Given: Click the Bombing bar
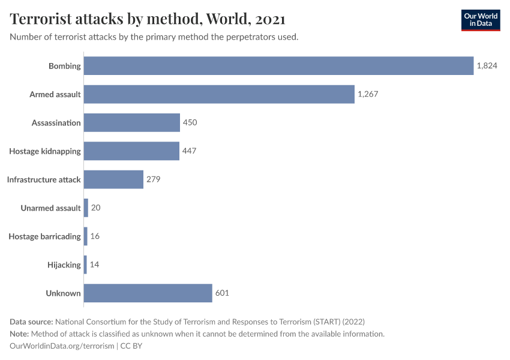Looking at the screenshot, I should click(278, 66).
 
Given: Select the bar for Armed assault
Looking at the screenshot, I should click(219, 94).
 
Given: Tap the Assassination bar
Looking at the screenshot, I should click(131, 122).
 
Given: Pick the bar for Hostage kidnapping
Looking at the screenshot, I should click(131, 151).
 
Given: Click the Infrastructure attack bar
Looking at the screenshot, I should click(113, 179).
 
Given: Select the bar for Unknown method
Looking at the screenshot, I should click(148, 293).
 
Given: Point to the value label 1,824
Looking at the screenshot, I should click(487, 66).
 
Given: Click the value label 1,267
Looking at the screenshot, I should click(368, 94).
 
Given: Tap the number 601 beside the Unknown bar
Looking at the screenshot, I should click(222, 293).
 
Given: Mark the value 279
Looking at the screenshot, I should click(154, 179).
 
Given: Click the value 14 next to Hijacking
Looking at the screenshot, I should click(94, 265).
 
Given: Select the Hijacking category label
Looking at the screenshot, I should click(64, 265).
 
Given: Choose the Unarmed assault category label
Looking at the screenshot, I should click(50, 208).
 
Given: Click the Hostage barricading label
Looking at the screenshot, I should click(44, 236).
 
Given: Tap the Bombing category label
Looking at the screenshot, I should click(65, 66).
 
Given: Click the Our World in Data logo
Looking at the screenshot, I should click(480, 20).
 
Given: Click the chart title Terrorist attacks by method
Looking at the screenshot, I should click(148, 19).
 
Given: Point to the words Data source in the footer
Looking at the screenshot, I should click(31, 322).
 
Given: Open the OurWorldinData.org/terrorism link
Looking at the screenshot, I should click(62, 346).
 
